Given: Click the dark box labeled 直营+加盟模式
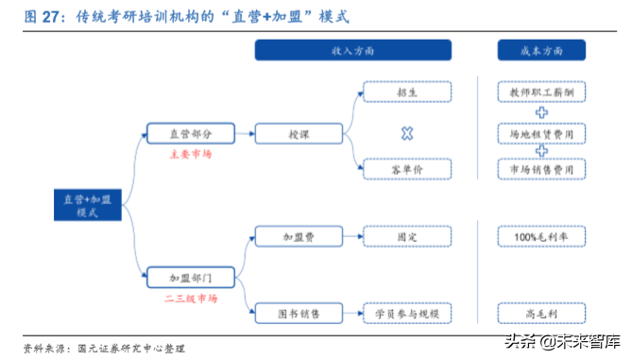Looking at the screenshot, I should [88, 206].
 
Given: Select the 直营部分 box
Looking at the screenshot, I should [190, 133].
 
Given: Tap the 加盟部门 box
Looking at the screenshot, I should [190, 278].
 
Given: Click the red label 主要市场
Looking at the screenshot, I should [191, 153].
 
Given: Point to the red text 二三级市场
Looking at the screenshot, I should [192, 299].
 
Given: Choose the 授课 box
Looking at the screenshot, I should [299, 134].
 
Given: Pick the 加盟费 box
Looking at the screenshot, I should [299, 235].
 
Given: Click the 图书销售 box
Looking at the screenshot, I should [299, 312].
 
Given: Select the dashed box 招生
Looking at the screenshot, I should [407, 93].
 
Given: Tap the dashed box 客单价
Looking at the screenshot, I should [407, 168].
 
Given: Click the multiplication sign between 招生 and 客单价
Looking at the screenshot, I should [407, 133].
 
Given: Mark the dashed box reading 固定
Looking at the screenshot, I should [407, 235].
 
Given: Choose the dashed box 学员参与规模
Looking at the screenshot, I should [407, 312].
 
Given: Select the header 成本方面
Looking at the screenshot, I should [541, 51].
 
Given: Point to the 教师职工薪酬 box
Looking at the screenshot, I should [541, 93].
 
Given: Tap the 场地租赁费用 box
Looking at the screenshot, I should [541, 134].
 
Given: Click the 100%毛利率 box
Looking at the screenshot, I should [541, 235].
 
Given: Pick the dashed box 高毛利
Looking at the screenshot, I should [541, 312].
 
